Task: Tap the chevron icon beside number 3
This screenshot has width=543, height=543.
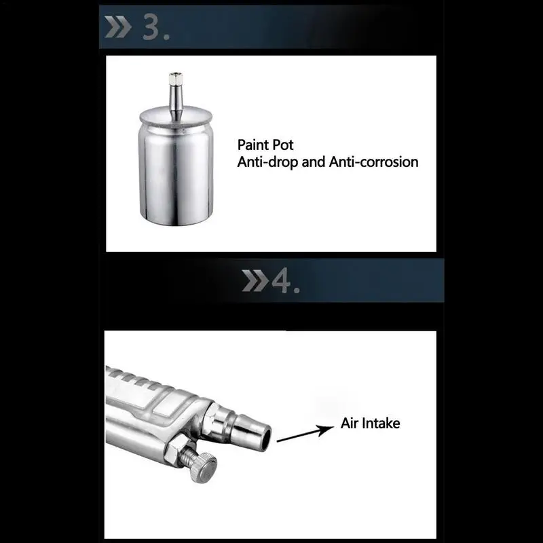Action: click(x=118, y=26)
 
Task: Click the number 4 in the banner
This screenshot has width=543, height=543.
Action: click(x=281, y=281)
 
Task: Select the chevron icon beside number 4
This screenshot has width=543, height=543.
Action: click(x=255, y=280)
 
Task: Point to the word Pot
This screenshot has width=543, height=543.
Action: click(x=284, y=145)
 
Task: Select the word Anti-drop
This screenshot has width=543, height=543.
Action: click(x=267, y=162)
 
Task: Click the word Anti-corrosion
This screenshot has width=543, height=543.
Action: click(x=374, y=162)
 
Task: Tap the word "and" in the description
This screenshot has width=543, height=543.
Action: click(x=314, y=162)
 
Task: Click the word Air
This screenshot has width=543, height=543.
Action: click(x=349, y=423)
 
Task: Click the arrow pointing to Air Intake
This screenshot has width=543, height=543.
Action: click(x=305, y=434)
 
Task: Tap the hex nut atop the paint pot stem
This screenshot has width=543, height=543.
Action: click(x=176, y=77)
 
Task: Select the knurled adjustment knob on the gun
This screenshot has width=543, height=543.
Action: click(x=204, y=468)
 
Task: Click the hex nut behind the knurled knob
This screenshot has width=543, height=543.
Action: click(x=176, y=451)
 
